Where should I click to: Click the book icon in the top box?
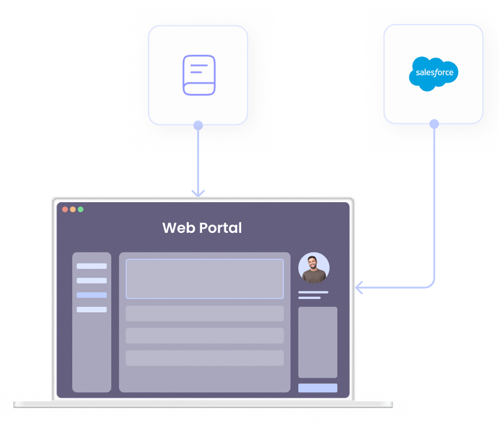coord(198,75)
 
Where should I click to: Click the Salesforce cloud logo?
coord(434,73)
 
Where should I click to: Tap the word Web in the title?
coord(177,228)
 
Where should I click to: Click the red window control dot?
coord(65,209)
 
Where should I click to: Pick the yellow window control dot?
coord(73,209)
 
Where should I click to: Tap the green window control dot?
coord(81,209)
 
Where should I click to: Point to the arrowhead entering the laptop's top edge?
coord(198,193)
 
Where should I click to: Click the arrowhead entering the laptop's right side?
coord(360,288)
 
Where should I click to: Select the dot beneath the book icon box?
coord(198,125)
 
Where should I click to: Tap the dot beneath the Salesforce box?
coord(434,124)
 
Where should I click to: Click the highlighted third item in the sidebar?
coord(91,295)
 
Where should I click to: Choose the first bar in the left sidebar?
coord(91,266)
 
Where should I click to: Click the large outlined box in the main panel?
coord(204,279)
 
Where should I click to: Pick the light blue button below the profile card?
coord(318,388)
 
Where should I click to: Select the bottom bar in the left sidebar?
coord(91,309)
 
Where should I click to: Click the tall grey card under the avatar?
coord(318,342)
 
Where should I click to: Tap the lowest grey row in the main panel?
coord(204,358)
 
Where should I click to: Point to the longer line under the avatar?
coord(313,292)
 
